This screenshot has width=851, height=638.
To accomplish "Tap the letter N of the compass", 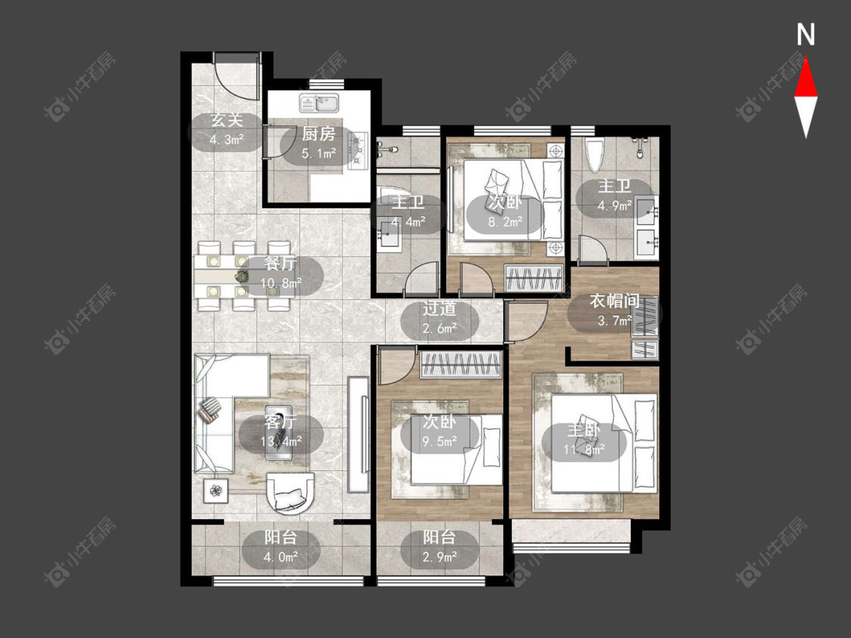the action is tap(806, 35).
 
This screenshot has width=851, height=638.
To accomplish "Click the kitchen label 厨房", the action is tap(318, 134).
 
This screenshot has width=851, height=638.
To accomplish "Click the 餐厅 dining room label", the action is tap(280, 264).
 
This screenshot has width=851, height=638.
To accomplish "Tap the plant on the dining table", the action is tap(241, 277).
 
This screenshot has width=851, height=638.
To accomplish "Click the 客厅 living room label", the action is tap(280, 422).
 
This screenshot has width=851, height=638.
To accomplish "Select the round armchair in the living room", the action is tap(290, 493).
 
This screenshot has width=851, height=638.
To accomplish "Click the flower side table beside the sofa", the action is tap(216, 491).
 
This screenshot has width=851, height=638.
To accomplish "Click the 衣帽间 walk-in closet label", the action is tap(614, 301).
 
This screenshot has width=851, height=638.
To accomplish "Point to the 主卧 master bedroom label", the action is tap(584, 431).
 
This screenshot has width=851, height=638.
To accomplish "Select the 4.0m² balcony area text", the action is tap(281, 556).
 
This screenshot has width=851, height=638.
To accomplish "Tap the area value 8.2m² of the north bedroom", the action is tap(505, 221).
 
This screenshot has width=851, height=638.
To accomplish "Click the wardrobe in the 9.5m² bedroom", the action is tap(460, 364).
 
